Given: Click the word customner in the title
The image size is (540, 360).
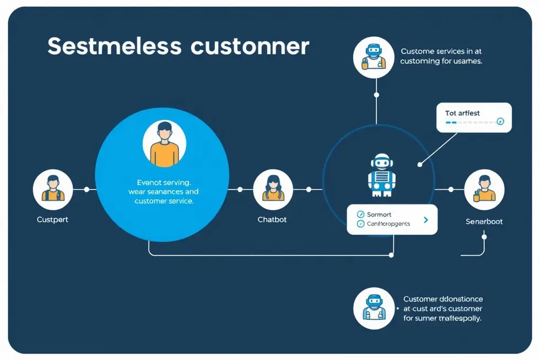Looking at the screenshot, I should click(x=250, y=46).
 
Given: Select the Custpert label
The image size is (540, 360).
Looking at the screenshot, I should click(x=52, y=219).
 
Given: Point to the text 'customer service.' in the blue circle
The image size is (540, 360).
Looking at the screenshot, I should click(x=164, y=202).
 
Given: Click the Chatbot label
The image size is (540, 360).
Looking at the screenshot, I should click(x=272, y=219).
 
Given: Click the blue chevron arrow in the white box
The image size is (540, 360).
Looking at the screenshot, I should click(x=425, y=219).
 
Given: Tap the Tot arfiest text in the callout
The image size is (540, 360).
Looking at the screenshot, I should click(x=462, y=113).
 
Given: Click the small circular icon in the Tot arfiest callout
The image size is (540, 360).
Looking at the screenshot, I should click(x=500, y=122).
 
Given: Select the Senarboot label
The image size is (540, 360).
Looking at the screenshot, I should click(x=484, y=222).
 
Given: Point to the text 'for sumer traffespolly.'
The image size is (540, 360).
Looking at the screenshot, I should click(x=442, y=319).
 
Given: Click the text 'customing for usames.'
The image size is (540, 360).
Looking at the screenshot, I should click(x=441, y=61).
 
